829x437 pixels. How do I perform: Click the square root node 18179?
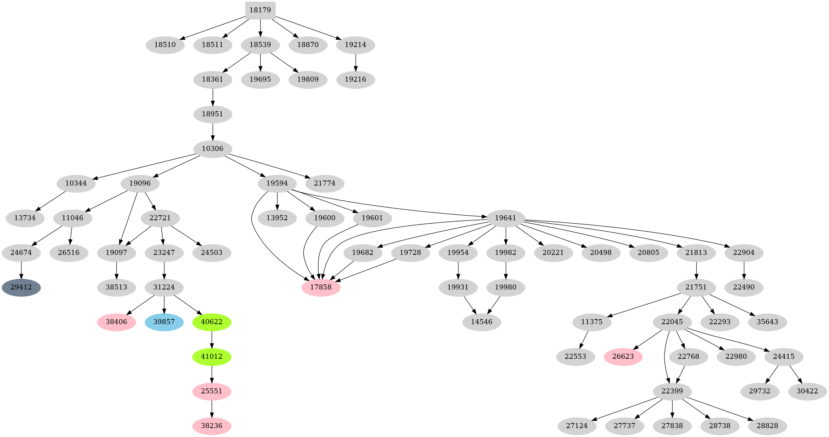click(260, 10)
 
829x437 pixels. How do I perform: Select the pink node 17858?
click(321, 288)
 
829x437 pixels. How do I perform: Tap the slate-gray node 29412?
click(21, 288)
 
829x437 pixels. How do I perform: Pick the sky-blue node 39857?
click(164, 322)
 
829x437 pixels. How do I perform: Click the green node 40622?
click(211, 322)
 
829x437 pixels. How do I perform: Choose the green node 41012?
click(211, 357)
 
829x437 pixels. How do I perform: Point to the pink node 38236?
click(211, 426)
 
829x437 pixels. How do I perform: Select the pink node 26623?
click(623, 357)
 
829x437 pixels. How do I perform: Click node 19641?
click(506, 218)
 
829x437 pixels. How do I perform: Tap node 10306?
click(213, 149)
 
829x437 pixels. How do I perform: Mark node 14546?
click(482, 322)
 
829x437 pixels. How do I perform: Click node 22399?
click(672, 391)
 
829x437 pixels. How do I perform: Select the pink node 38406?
click(117, 322)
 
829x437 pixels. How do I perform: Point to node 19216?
click(355, 79)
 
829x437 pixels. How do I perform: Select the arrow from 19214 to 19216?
click(355, 62)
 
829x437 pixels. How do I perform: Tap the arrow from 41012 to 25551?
click(211, 374)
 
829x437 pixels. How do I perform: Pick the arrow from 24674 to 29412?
click(21, 270)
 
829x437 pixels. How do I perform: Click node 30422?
click(807, 391)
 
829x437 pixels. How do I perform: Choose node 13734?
click(25, 218)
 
